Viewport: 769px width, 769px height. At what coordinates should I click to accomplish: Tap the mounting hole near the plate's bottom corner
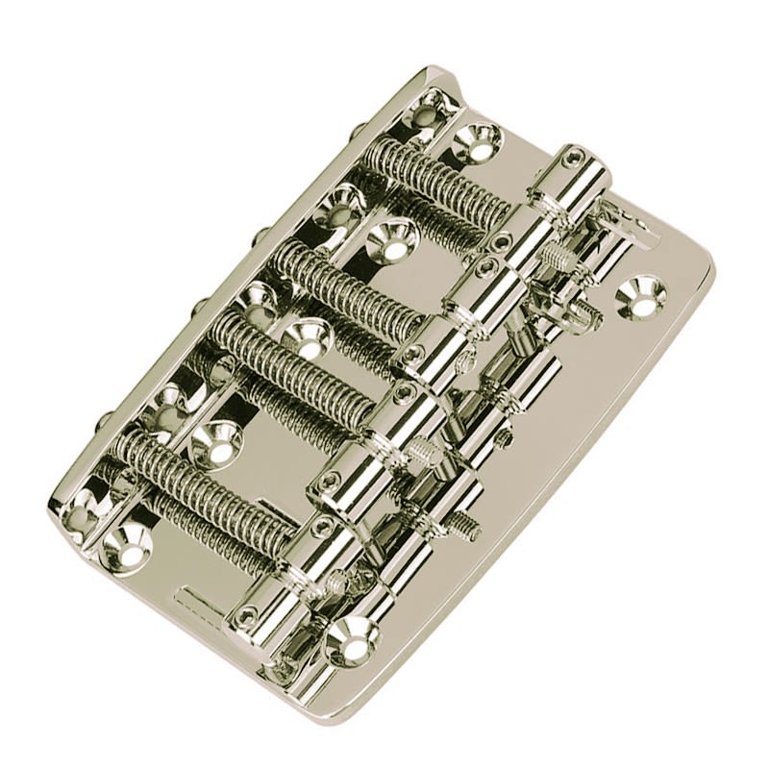coord(352,634)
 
